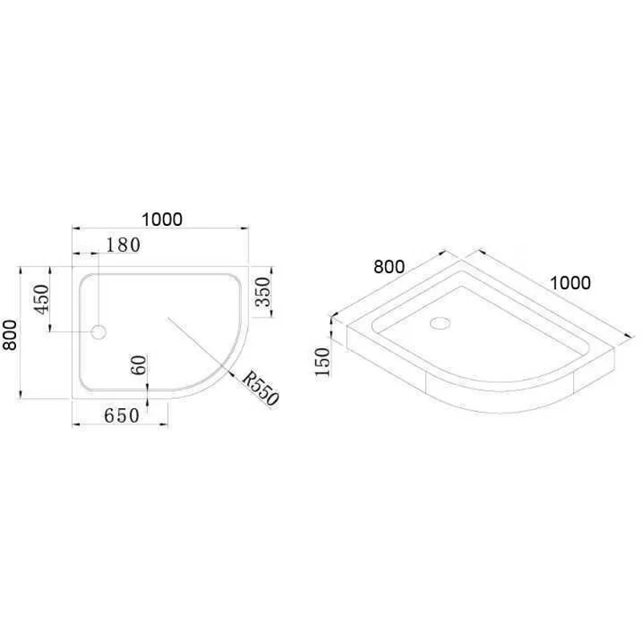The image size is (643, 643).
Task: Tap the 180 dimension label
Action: [x=122, y=244]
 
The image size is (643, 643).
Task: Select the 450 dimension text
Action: [x=42, y=298]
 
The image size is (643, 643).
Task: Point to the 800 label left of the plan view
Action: [x=10, y=334]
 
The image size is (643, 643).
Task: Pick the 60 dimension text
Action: [x=139, y=366]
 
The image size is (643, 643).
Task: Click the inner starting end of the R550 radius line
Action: [x=166, y=318]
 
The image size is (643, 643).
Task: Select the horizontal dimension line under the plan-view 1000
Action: [x=161, y=228]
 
